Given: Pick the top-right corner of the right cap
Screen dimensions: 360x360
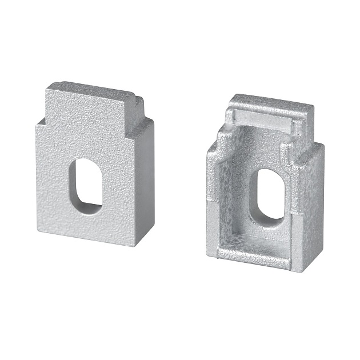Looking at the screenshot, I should point(314,108).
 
